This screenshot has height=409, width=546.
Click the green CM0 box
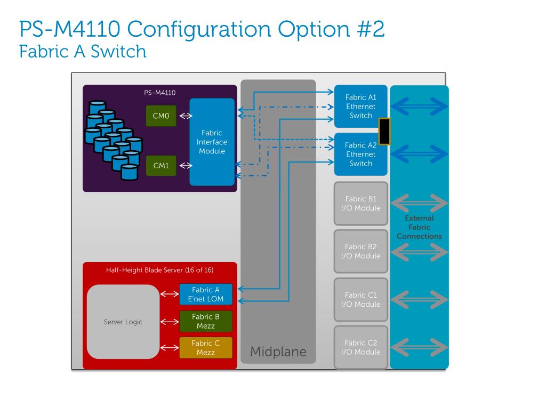161,116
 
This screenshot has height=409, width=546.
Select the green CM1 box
161,166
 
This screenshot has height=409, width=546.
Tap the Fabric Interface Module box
212,142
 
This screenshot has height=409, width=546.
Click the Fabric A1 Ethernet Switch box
361,107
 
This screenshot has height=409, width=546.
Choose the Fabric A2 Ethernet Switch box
361,154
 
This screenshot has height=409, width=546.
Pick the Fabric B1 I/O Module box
361,203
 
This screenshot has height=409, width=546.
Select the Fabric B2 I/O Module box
361,251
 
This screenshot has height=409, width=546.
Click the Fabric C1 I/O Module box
361,299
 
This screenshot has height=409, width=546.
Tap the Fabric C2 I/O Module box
361,347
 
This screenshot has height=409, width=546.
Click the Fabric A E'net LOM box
205,294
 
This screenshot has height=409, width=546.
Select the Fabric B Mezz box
205,321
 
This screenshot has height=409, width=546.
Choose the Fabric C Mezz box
205,348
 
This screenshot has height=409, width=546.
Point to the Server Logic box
123,322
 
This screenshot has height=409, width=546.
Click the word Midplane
278,351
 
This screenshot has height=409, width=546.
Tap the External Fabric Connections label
419,227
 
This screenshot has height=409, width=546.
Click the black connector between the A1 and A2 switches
384,131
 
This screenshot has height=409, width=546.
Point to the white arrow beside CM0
186,116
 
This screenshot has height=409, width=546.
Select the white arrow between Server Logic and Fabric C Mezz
170,348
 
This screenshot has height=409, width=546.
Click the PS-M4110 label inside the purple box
160,93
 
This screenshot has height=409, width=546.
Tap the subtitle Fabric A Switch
83,52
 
